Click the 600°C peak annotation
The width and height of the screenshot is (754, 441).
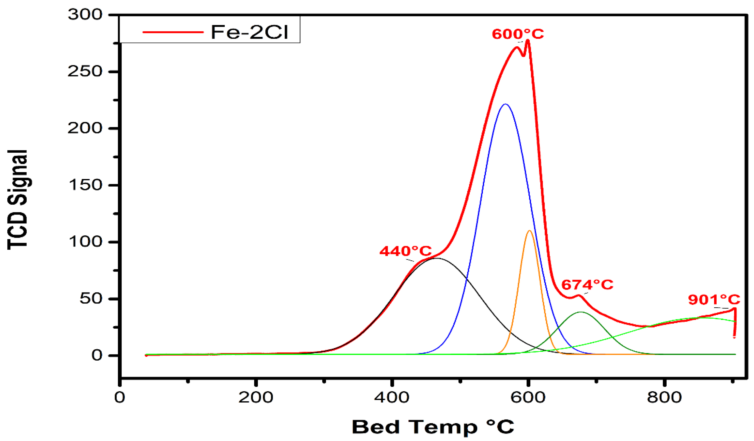518,34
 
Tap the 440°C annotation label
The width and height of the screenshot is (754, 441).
405,251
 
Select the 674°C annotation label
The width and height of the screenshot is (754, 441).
587,285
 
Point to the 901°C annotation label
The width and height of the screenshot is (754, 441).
714,300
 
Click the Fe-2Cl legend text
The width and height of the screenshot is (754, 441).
249,32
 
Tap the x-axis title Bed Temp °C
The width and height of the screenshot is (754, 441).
433,427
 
